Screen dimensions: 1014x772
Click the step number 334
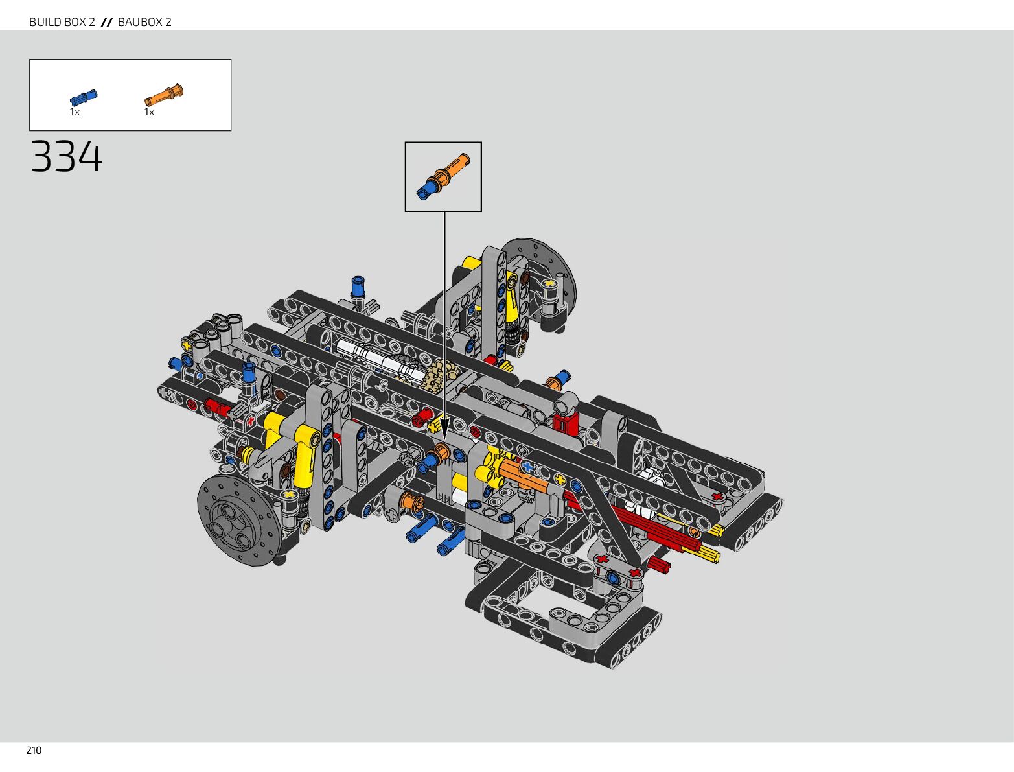point(66,157)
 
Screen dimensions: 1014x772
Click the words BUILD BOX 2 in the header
point(62,22)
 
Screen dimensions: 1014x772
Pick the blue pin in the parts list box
point(83,98)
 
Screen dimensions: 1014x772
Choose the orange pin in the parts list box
point(164,95)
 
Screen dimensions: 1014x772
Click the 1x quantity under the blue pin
point(75,112)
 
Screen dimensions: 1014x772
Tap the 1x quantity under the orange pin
point(149,112)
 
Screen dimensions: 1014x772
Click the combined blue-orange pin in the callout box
point(443,176)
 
